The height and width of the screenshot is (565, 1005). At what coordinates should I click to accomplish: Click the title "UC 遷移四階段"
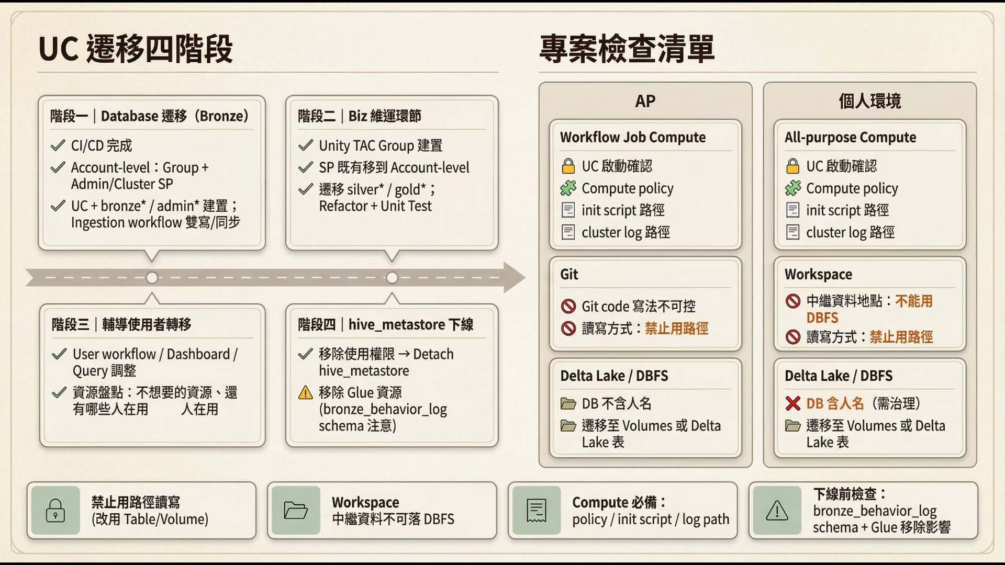click(136, 49)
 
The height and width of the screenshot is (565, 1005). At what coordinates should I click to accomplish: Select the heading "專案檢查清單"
click(627, 49)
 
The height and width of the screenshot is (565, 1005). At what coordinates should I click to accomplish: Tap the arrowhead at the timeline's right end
click(514, 277)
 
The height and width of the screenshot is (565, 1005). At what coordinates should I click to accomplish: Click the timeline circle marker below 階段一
click(152, 278)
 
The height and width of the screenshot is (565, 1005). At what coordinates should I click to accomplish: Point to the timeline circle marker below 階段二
click(392, 278)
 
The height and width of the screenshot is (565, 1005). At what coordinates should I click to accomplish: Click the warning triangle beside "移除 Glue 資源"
click(305, 393)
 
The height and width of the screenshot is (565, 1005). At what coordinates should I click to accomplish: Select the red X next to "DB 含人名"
click(792, 403)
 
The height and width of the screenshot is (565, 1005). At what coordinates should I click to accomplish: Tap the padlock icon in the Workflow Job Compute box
click(568, 166)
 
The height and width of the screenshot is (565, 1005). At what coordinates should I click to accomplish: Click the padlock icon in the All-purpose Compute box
click(792, 166)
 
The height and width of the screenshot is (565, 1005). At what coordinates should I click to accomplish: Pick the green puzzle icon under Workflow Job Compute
click(568, 188)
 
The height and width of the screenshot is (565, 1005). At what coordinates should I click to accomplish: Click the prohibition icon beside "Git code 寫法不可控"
click(568, 306)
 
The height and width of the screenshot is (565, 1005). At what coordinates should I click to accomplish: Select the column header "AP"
click(645, 101)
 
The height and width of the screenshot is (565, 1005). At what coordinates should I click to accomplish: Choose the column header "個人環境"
click(869, 101)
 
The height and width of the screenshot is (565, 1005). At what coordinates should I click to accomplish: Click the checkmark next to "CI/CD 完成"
click(58, 145)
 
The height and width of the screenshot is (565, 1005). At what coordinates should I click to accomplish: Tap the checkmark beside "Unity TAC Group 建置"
click(305, 145)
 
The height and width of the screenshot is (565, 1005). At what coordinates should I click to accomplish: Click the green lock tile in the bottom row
click(55, 510)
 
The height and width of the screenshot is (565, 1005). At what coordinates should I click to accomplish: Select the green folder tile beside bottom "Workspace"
click(296, 510)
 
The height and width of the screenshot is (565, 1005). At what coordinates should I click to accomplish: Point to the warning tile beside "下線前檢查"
click(777, 510)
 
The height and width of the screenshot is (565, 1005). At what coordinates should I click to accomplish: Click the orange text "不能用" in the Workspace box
click(914, 301)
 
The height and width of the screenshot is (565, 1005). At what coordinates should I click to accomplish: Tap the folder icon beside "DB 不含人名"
click(568, 403)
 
